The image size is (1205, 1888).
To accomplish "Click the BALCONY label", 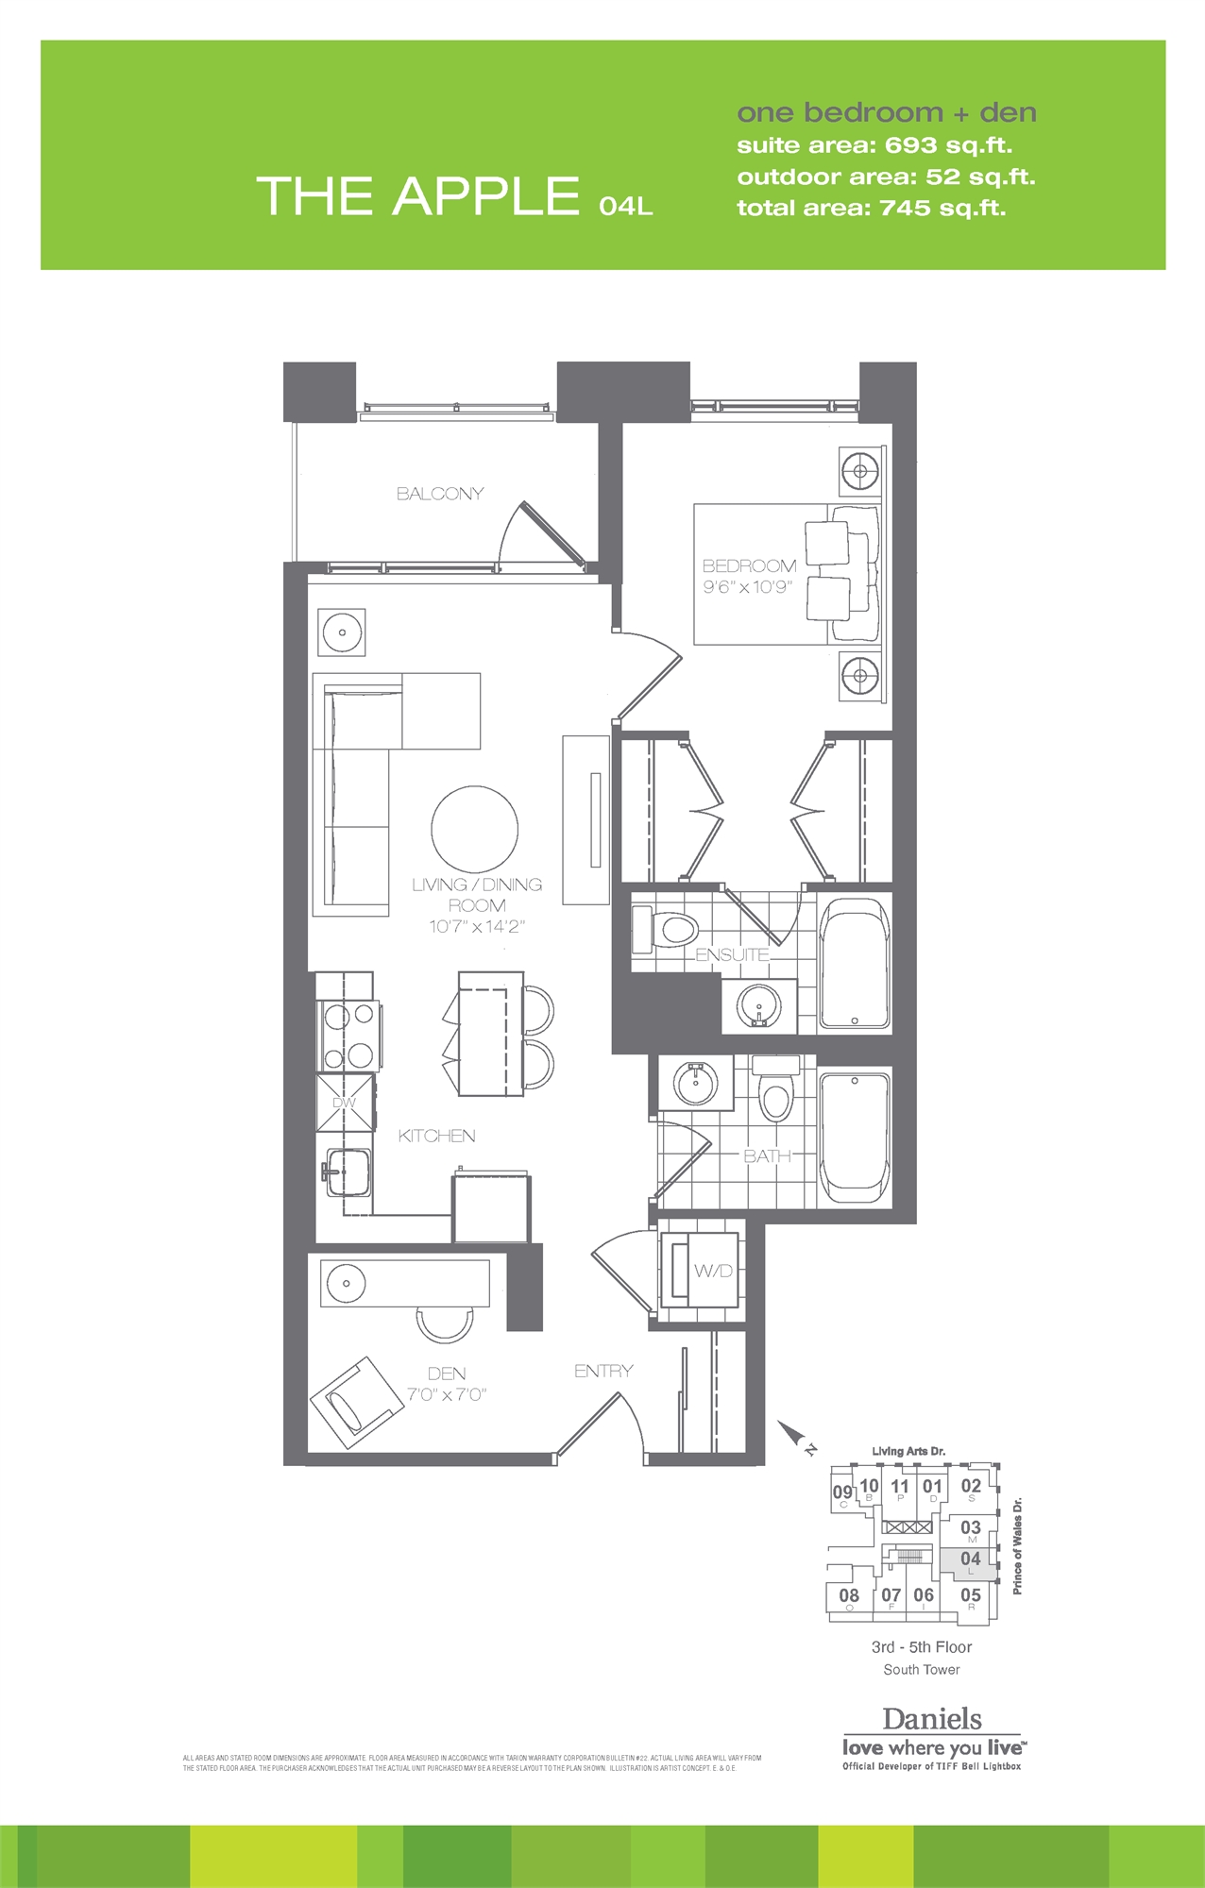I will tap(440, 494).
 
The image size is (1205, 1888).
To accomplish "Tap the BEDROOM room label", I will tap(749, 566).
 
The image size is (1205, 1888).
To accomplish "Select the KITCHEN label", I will tap(436, 1136).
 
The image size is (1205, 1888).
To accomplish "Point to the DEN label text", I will tap(447, 1374).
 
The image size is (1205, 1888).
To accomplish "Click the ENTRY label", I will tap(603, 1371).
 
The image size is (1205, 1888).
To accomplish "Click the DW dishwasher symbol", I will tap(345, 1103).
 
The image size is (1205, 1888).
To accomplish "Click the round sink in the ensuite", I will tap(758, 1006).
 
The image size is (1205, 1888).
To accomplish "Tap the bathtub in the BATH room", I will tap(855, 1138).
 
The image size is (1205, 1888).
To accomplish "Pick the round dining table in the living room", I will tap(475, 830).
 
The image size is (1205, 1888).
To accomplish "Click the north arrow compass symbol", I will tap(793, 1436).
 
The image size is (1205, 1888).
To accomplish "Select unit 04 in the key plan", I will tap(970, 1559).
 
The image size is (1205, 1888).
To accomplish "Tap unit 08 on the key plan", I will tap(849, 1596).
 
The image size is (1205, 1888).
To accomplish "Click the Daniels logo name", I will tap(932, 1718).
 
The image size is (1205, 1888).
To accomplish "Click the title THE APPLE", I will tap(417, 196).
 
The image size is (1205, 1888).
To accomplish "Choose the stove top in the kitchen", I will tap(349, 1035).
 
